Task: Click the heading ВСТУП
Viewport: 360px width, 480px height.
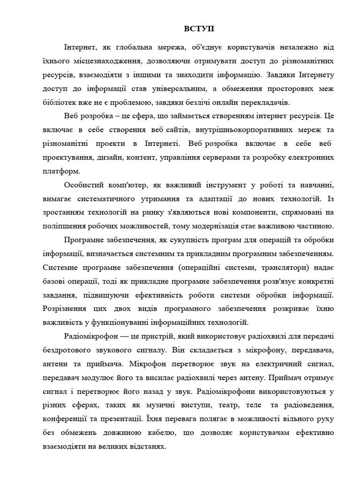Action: [x=198, y=29]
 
